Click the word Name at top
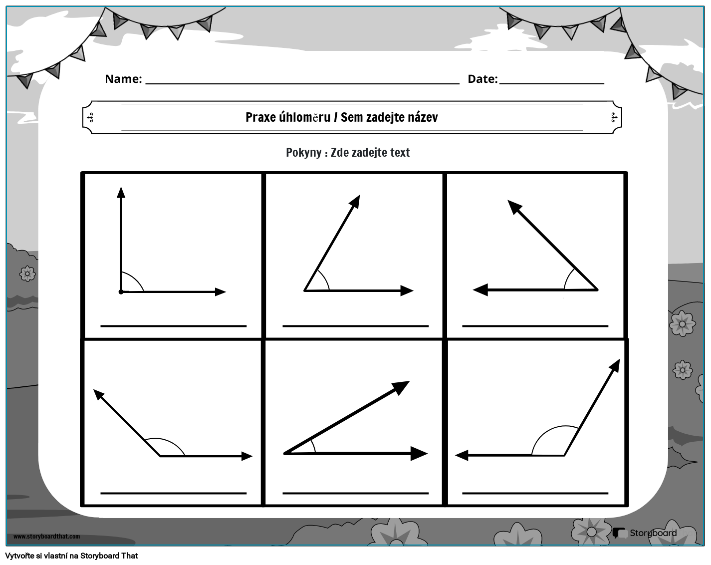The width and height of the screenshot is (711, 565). [123, 79]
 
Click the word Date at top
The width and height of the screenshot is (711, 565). [482, 79]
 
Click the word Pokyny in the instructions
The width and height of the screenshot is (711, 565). [303, 153]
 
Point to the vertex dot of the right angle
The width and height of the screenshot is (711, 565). [121, 291]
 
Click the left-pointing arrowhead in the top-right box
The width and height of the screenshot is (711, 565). [480, 289]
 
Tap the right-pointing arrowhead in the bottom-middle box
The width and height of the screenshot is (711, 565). [419, 454]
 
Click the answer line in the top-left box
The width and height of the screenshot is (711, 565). [173, 326]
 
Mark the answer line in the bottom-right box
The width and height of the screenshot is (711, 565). [535, 493]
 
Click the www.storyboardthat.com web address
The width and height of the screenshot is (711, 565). [46, 537]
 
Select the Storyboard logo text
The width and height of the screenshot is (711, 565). [653, 533]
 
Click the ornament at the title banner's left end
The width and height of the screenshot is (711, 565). [90, 118]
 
